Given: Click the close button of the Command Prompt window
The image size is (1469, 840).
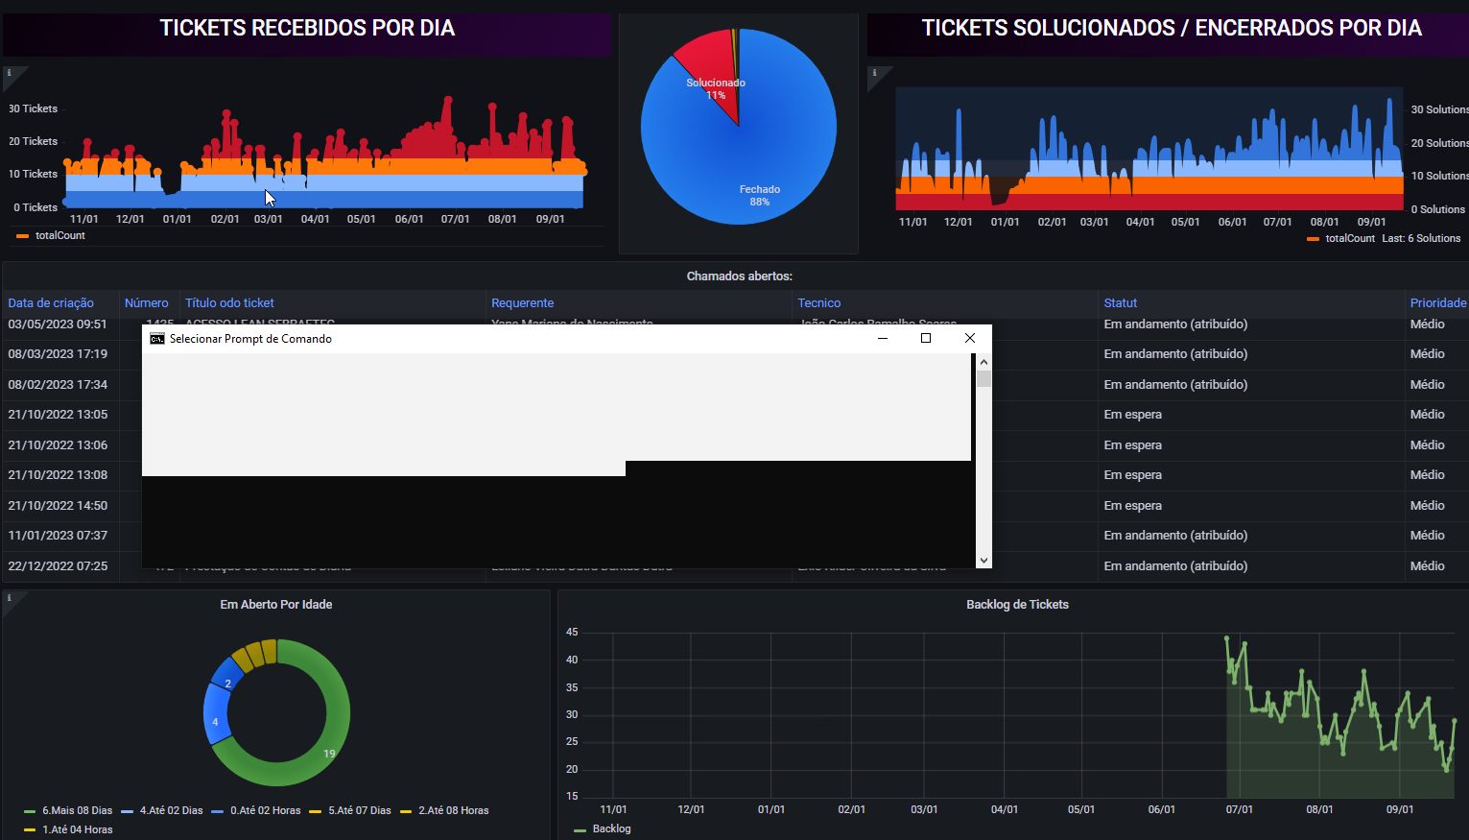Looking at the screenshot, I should click(970, 338).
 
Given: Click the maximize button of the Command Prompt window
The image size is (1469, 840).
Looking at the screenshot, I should click(926, 338).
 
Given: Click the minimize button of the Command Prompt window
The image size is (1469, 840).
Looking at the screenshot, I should click(883, 338).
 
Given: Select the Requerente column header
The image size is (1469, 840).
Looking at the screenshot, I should click(522, 303).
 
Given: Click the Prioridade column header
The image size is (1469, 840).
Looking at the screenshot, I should click(1437, 303).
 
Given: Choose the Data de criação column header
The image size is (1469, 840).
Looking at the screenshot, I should click(51, 303).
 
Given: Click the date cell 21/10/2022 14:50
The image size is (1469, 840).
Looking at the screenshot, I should click(58, 506).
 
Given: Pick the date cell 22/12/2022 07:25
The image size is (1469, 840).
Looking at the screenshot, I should click(58, 566).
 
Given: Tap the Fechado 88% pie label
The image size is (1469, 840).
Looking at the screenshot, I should click(759, 195).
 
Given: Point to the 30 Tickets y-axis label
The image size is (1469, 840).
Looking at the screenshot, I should click(34, 109).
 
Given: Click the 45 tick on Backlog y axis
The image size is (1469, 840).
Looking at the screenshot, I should click(572, 633).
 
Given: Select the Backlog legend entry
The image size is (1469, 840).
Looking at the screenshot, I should click(611, 828).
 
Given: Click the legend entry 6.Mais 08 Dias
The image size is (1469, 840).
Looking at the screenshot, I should click(77, 811).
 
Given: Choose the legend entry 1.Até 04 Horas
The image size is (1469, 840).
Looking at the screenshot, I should click(77, 829).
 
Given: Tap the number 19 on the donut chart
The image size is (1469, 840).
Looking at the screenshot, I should click(329, 754).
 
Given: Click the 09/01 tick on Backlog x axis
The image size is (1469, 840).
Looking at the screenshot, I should click(1399, 810).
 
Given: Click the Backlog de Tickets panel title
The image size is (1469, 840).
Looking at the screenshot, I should click(1017, 605).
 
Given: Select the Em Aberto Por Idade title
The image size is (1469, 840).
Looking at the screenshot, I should click(276, 605).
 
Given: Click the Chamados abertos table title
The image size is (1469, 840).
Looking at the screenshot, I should click(739, 276).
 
